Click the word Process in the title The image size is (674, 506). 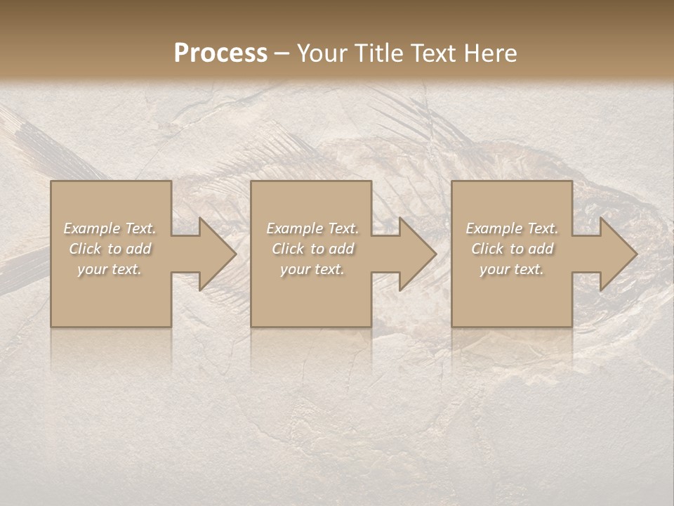click(220, 53)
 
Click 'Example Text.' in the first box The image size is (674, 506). click(110, 228)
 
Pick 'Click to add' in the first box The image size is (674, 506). click(110, 249)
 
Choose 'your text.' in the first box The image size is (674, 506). click(110, 269)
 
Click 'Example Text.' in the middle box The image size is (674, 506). click(312, 228)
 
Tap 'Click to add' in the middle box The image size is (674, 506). click(312, 249)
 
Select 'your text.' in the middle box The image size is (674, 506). click(312, 269)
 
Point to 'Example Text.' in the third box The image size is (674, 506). click(512, 228)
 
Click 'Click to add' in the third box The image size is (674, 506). click(512, 249)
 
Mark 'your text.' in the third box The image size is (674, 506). click(512, 269)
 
